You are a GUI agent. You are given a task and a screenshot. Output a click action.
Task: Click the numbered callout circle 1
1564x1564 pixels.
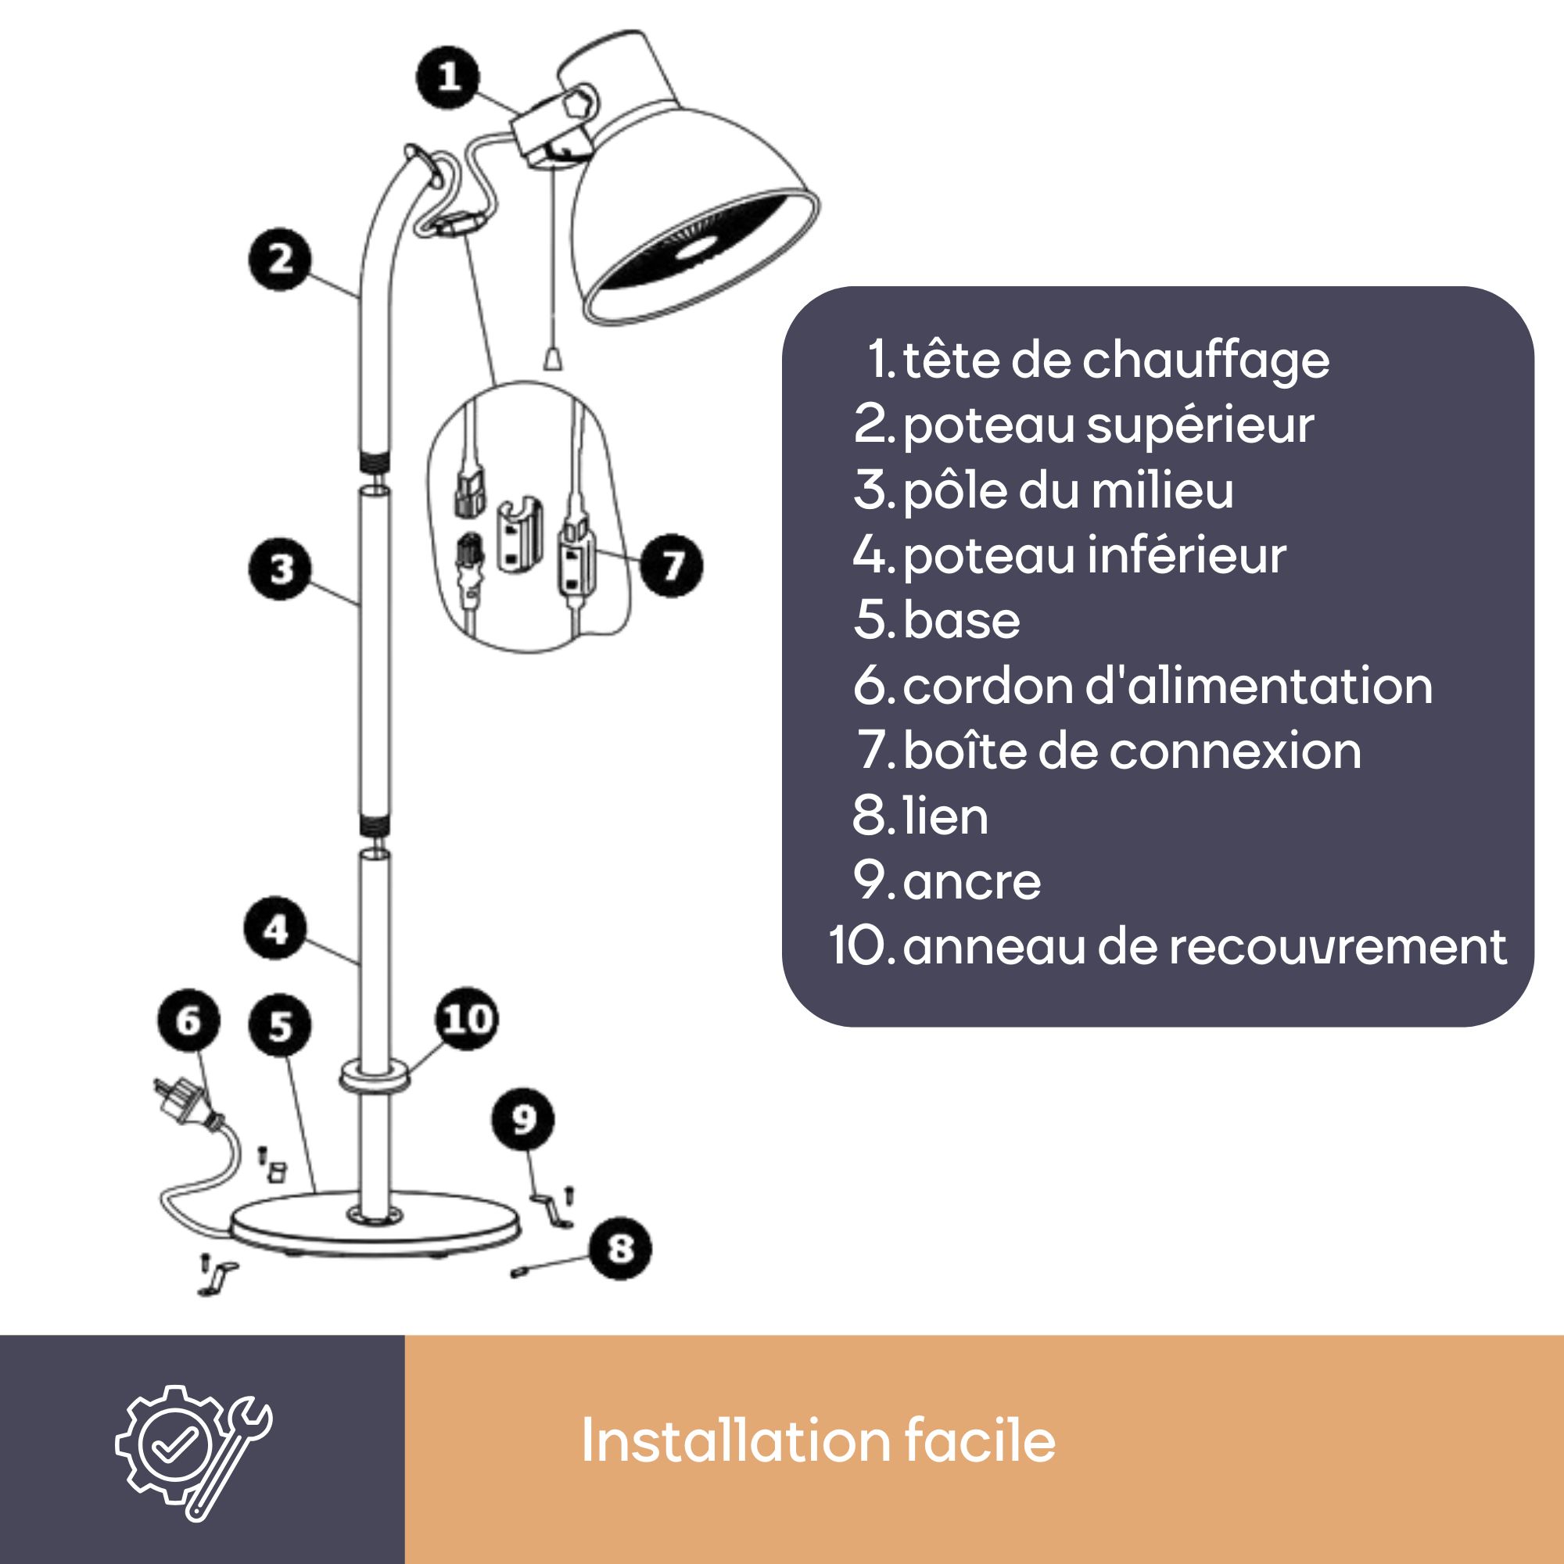pos(447,77)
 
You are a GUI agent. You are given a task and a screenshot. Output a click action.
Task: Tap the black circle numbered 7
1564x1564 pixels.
pos(671,565)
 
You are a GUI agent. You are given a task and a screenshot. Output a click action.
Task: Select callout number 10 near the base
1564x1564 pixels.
pos(467,1018)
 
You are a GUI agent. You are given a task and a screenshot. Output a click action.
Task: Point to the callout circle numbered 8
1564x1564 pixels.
pos(620,1248)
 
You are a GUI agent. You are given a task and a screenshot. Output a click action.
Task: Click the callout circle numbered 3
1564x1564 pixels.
pos(280,569)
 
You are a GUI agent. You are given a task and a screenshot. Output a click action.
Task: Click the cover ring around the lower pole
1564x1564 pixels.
pos(375,1076)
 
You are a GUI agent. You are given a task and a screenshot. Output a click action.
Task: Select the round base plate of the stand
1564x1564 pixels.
pos(374,1227)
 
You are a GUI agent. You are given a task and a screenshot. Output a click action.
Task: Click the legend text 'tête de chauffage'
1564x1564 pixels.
pos(1116,361)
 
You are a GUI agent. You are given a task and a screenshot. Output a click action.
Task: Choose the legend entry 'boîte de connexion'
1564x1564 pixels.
pos(1132,751)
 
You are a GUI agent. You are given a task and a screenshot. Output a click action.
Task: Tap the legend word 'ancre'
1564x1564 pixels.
pos(971,881)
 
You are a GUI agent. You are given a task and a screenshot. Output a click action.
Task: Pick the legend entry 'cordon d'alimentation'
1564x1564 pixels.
pos(1168,685)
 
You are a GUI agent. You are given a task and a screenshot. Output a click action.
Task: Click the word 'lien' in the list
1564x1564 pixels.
pos(945,815)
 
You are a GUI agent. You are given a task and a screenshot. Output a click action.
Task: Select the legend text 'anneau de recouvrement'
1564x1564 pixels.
pos(1204,946)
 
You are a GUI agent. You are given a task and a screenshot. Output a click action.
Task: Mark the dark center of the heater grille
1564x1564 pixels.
pos(696,252)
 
